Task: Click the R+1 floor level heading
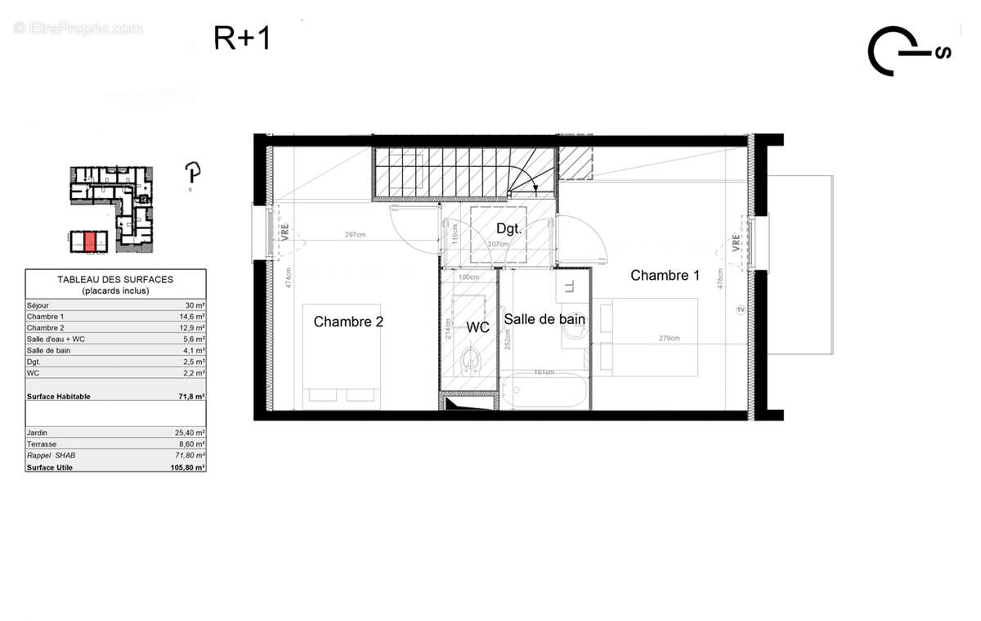click(242, 38)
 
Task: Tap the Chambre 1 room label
click(665, 276)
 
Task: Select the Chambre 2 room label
click(348, 322)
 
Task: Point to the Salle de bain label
click(544, 319)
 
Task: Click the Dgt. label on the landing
click(508, 227)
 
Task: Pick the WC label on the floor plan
click(477, 327)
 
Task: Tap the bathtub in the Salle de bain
click(544, 393)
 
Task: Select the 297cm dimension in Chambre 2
click(354, 235)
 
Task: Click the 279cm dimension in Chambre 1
click(669, 338)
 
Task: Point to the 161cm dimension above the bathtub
click(544, 372)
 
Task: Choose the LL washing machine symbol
click(570, 286)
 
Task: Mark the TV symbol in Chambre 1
click(741, 309)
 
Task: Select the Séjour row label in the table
click(38, 305)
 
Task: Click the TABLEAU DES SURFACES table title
click(115, 279)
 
